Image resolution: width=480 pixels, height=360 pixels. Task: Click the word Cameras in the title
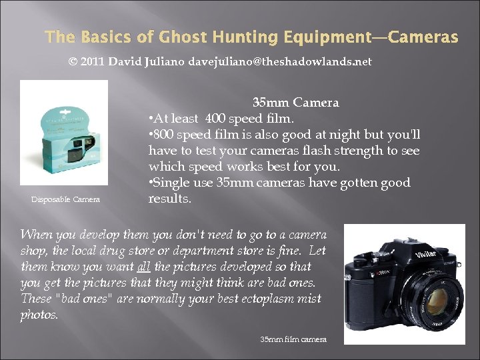(x=425, y=37)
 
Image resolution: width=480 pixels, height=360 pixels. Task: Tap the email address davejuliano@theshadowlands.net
(x=280, y=61)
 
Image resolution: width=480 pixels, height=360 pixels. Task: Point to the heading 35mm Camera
(x=295, y=103)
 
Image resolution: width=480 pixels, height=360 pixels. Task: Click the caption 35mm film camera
(x=293, y=339)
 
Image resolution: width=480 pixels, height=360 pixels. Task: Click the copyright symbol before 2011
(x=73, y=61)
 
